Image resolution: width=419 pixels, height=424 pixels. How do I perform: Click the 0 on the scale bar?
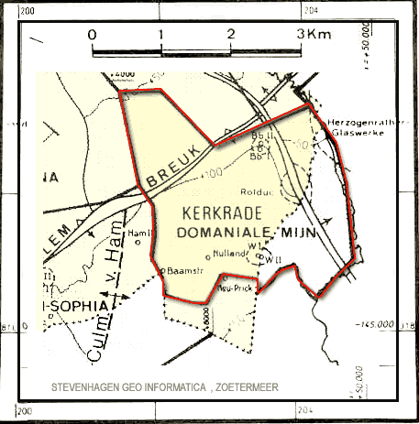click(x=92, y=35)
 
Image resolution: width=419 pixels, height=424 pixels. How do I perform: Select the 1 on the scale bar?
click(x=161, y=35)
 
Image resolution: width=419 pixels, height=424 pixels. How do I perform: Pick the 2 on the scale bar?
click(x=231, y=35)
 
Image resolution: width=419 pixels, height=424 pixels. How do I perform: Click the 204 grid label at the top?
click(x=314, y=10)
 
